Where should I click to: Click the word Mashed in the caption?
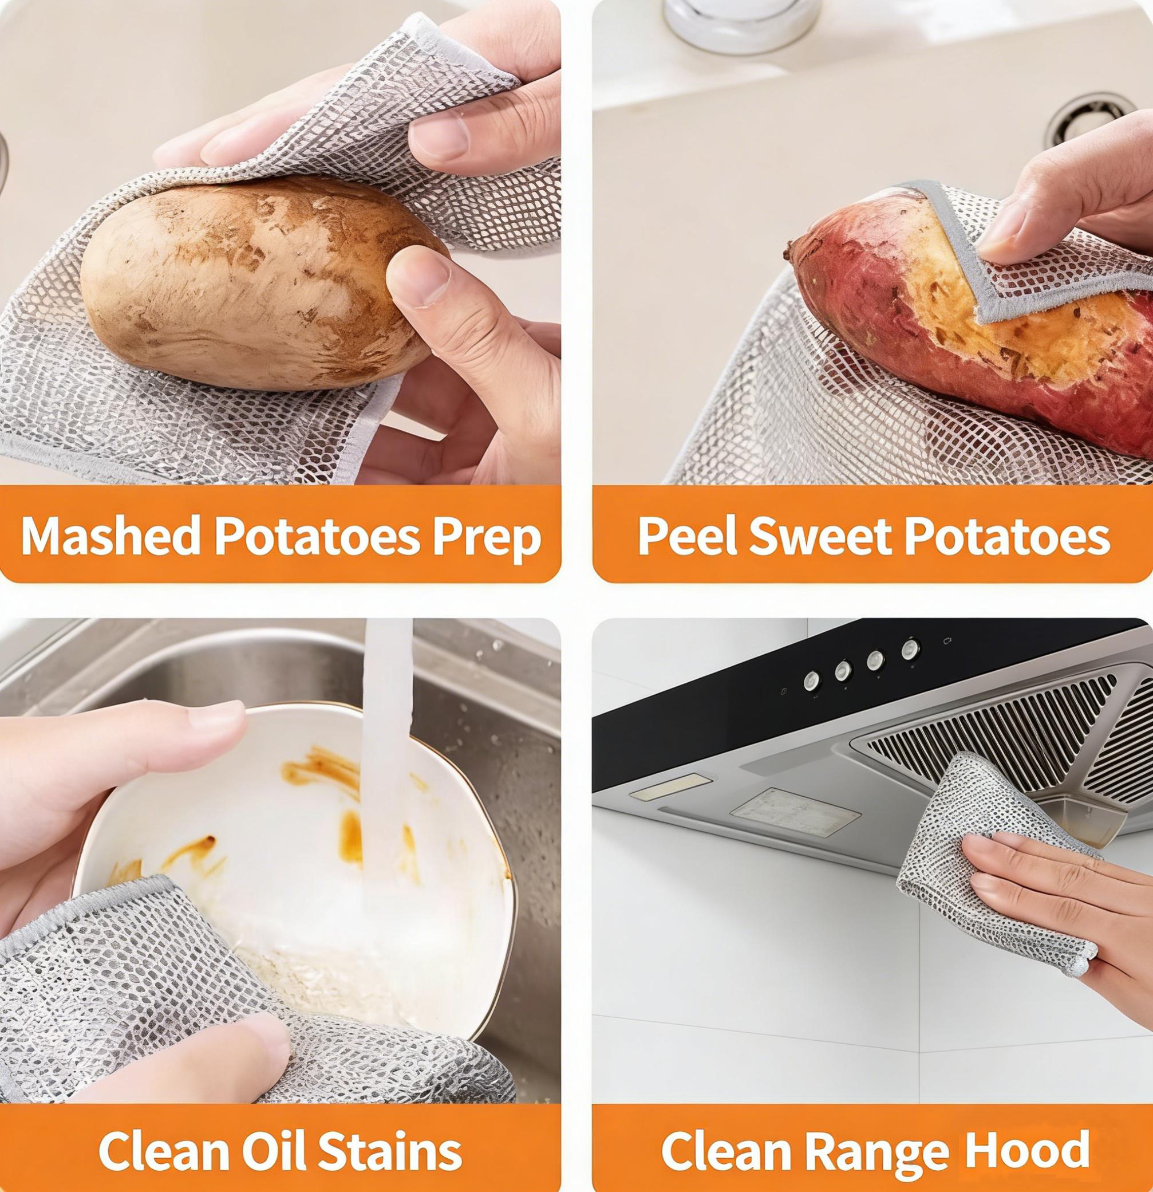[110, 536]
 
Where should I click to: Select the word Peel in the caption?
[688, 536]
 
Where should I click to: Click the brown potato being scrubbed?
[243, 286]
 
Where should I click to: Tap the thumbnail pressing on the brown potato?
[420, 277]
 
